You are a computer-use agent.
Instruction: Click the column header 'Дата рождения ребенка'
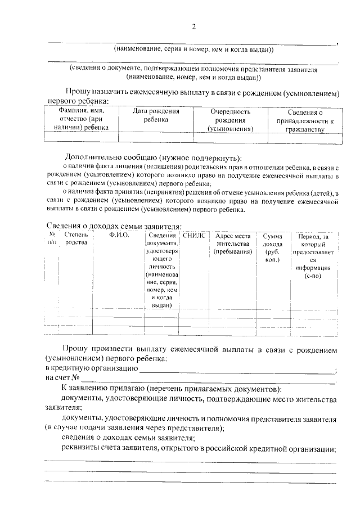click(x=155, y=116)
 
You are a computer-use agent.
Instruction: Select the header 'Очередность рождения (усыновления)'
click(x=230, y=120)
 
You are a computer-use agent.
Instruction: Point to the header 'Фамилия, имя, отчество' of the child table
click(x=81, y=120)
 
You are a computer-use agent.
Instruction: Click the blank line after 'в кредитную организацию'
click(x=236, y=370)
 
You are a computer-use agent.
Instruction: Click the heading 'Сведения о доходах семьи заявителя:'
click(x=113, y=226)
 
